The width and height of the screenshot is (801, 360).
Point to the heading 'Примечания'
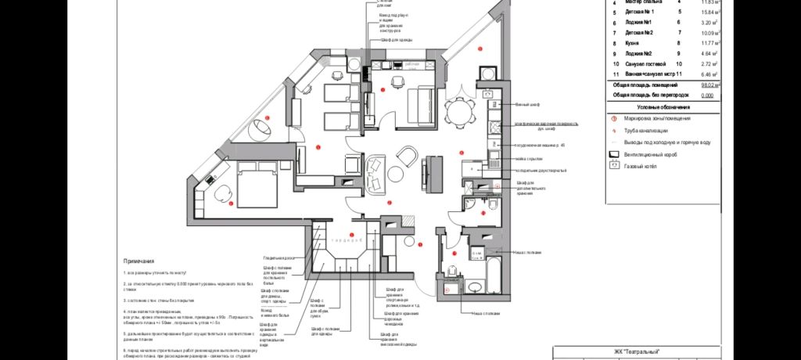[138, 261]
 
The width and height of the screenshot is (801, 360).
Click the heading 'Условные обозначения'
[663, 106]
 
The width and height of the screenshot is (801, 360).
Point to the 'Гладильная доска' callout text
[278, 257]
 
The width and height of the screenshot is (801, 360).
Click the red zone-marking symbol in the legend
[614, 118]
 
